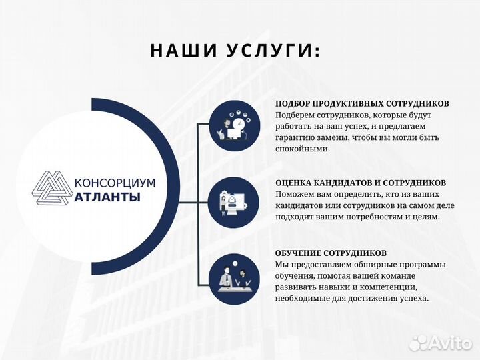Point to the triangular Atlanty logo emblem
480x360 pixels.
[x=52, y=189]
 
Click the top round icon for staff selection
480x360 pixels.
[x=234, y=126]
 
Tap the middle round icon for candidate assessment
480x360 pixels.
[x=234, y=203]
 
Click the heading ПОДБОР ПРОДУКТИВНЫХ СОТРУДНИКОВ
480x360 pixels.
[x=362, y=104]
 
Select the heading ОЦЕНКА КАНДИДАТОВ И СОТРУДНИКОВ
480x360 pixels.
[x=361, y=183]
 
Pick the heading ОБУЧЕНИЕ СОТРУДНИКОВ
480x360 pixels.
[x=331, y=254]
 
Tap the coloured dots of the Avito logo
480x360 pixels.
[x=417, y=343]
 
